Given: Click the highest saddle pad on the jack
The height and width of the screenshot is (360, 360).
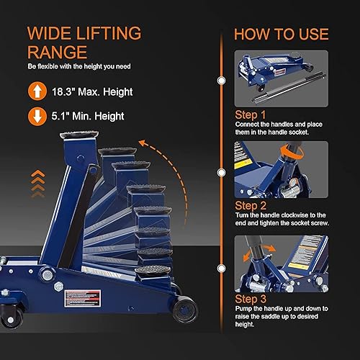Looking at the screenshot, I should tap(82, 135).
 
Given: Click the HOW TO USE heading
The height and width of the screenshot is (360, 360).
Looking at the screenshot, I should tap(281, 34).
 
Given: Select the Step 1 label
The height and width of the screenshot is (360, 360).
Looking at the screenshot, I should tap(251, 114).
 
